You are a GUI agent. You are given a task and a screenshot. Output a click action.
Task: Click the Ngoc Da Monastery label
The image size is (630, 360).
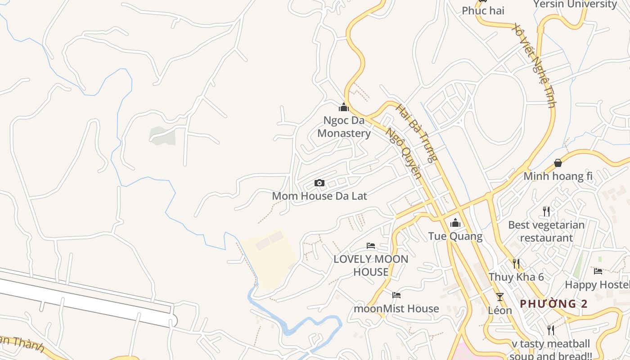pyautogui.click(x=344, y=127)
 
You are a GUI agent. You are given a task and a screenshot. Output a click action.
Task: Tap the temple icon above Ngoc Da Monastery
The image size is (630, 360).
pyautogui.click(x=344, y=108)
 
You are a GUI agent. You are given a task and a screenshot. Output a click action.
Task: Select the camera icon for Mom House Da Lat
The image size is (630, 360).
pyautogui.click(x=319, y=183)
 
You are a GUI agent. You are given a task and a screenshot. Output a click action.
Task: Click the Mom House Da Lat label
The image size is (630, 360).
pyautogui.click(x=319, y=196)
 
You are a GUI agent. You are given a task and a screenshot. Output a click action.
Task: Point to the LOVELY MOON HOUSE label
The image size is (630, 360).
pyautogui.click(x=371, y=265)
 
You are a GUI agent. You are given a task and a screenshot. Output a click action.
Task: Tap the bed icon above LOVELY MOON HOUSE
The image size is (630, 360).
pyautogui.click(x=371, y=246)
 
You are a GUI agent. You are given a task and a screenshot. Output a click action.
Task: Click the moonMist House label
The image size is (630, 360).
pyautogui.click(x=396, y=309)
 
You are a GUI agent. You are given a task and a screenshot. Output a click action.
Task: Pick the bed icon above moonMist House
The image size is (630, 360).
pyautogui.click(x=396, y=295)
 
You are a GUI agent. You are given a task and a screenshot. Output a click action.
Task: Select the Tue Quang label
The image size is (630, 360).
pyautogui.click(x=455, y=236)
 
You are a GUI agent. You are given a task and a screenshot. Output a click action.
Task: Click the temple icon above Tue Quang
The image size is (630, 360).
pyautogui.click(x=455, y=223)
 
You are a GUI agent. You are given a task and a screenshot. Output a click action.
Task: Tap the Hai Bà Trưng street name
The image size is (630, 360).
pyautogui.click(x=416, y=133)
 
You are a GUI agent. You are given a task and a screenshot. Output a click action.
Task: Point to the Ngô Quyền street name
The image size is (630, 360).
pyautogui.click(x=404, y=153)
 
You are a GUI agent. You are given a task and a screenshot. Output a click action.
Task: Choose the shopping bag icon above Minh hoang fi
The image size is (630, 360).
pyautogui.click(x=558, y=163)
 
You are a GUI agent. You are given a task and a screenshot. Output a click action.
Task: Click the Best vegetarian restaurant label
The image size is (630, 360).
pyautogui.click(x=546, y=231)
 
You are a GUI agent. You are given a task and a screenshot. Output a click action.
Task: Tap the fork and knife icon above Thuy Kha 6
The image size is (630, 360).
pyautogui.click(x=516, y=264)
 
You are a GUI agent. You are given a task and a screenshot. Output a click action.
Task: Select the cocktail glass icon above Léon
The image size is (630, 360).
pyautogui.click(x=499, y=297)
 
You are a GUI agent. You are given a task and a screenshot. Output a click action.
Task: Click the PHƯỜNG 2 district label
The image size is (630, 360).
pyautogui.click(x=553, y=304)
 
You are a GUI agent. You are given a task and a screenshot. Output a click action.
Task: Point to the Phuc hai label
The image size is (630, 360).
pyautogui.click(x=483, y=11)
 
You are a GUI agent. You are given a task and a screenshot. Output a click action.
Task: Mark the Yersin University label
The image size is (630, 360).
pyautogui.click(x=575, y=4)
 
